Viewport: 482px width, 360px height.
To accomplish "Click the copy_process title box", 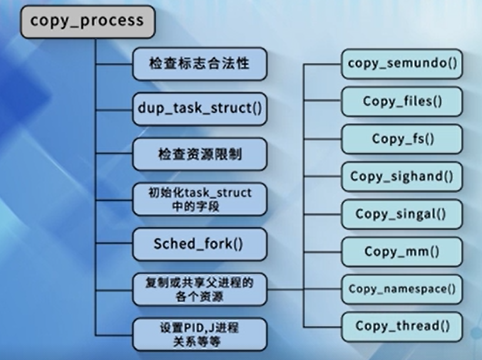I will click(x=86, y=21).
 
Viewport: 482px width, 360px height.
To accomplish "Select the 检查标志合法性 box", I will click(x=199, y=63).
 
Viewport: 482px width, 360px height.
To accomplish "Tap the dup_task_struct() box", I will click(x=199, y=109).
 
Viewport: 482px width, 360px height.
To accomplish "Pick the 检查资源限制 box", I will click(x=199, y=154).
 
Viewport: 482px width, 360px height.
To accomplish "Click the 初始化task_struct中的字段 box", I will click(x=199, y=200).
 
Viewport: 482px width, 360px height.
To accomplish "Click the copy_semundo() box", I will click(x=401, y=64).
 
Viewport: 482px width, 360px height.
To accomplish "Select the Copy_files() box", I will click(x=401, y=101).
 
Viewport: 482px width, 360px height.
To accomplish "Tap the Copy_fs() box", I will click(x=401, y=139).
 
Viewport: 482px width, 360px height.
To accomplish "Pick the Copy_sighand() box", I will click(x=401, y=176).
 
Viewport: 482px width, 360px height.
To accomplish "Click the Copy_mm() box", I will click(x=401, y=251).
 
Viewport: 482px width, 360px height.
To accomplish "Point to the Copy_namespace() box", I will click(x=401, y=289).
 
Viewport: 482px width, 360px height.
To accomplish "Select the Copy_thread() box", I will click(x=401, y=326).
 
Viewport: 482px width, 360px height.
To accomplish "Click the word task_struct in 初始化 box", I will click(x=217, y=193).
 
